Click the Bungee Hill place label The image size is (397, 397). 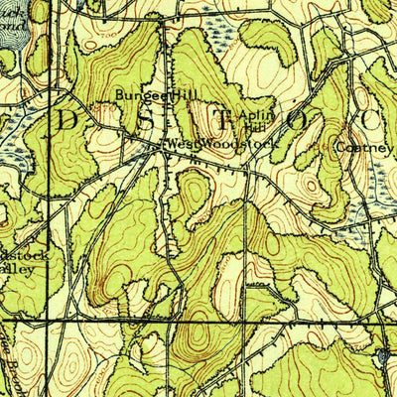pyautogui.click(x=144, y=96)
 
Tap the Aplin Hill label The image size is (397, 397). pyautogui.click(x=255, y=121)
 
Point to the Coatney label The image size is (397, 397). pyautogui.click(x=365, y=147)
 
